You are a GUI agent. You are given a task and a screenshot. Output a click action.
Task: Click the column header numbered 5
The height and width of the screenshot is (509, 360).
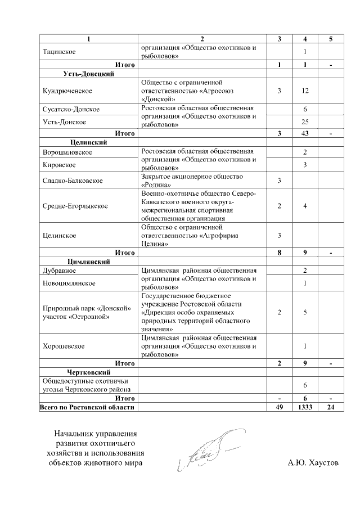pos(331,39)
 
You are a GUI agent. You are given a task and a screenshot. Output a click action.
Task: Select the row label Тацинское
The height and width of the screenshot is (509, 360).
pos(58,52)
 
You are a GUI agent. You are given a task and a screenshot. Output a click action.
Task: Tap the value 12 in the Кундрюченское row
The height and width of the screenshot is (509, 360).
pos(304,90)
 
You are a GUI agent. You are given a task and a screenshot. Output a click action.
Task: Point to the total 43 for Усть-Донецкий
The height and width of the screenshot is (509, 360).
pos(304,133)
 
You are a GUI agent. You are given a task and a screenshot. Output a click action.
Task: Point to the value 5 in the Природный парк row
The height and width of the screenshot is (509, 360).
pos(304,312)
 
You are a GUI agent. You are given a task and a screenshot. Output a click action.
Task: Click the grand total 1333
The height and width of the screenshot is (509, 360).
pos(304,407)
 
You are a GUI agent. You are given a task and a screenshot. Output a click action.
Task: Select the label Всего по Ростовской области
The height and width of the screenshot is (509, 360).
pos(87,407)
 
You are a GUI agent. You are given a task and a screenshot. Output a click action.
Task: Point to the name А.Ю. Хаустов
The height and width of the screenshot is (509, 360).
pos(313,463)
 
